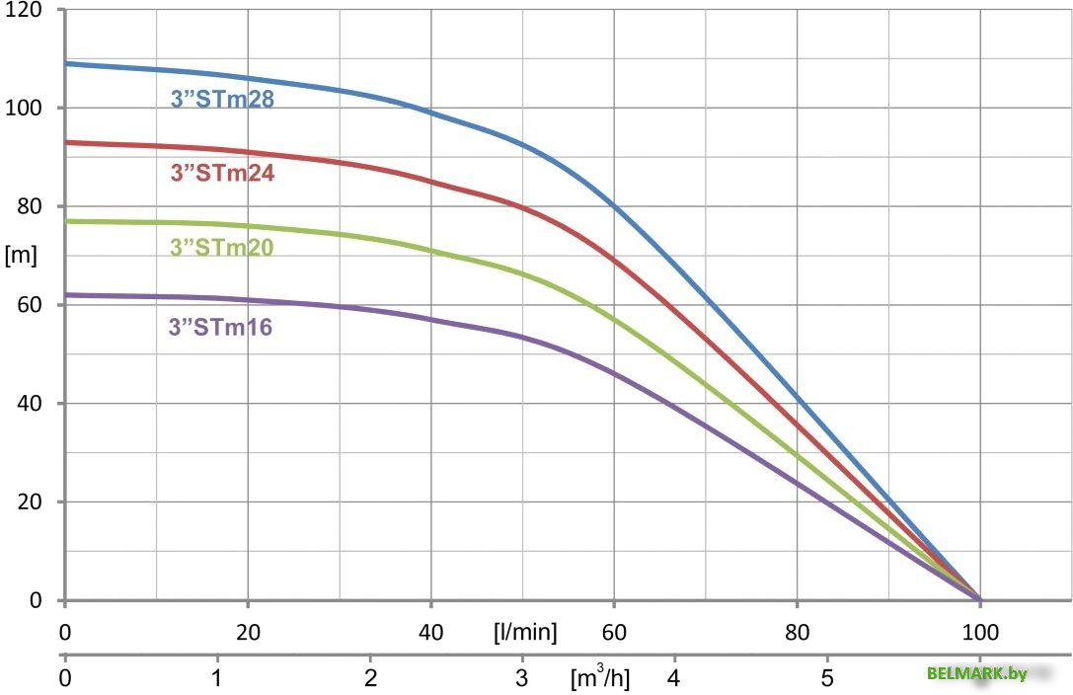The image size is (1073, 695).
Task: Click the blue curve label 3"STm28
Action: [222, 100]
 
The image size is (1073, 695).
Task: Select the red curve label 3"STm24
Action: [222, 173]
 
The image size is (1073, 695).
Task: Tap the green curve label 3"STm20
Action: [222, 247]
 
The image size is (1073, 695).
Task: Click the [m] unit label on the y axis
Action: [21, 256]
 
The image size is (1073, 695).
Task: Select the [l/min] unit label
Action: [525, 632]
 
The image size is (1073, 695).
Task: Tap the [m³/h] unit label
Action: [599, 679]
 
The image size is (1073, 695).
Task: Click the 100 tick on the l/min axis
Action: [979, 632]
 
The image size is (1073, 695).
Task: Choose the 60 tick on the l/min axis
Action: [614, 632]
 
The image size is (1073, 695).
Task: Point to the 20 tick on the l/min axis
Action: [248, 632]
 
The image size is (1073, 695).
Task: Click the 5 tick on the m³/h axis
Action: [827, 679]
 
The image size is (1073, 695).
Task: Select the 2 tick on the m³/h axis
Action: [370, 679]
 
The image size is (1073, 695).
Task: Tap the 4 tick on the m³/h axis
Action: [675, 679]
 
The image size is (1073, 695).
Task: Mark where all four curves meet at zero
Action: [979, 599]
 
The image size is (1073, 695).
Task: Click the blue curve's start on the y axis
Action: [66, 63]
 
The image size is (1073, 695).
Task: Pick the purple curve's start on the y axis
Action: [66, 294]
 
